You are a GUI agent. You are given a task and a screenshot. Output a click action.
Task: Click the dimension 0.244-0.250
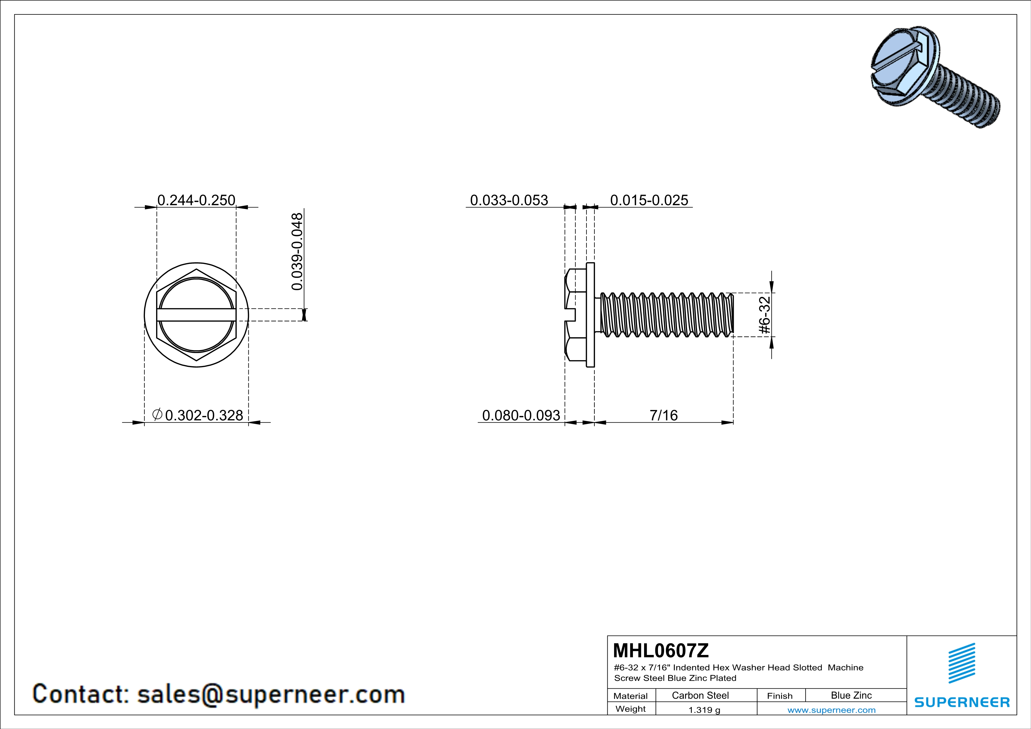tap(196, 200)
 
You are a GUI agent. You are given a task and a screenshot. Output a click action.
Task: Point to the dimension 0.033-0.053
tap(509, 200)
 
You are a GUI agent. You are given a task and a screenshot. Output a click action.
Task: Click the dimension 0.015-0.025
tap(649, 200)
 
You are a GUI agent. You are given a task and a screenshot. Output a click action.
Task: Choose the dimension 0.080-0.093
tap(521, 415)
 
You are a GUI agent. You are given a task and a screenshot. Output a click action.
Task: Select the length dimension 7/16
tap(664, 415)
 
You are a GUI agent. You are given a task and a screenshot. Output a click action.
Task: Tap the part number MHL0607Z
tap(661, 651)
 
